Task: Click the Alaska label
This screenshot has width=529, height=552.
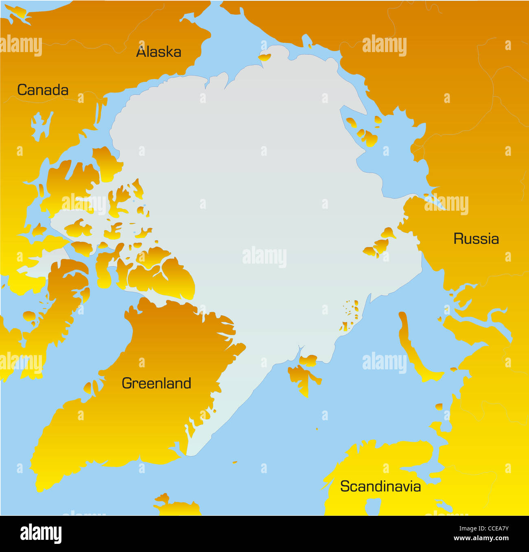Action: [x=158, y=52]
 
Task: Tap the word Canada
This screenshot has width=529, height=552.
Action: [x=43, y=90]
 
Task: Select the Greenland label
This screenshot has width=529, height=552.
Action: [x=156, y=383]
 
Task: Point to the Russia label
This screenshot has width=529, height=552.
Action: [x=476, y=239]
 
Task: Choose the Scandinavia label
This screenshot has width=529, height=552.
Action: [x=380, y=487]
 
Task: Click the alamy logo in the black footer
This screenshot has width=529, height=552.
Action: [x=41, y=533]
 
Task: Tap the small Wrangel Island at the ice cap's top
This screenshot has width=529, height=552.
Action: [x=264, y=57]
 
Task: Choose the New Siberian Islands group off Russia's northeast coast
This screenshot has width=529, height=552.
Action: [x=365, y=131]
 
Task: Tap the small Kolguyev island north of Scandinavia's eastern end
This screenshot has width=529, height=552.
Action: [x=439, y=406]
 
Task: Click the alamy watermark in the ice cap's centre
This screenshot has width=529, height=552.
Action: [x=264, y=257]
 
